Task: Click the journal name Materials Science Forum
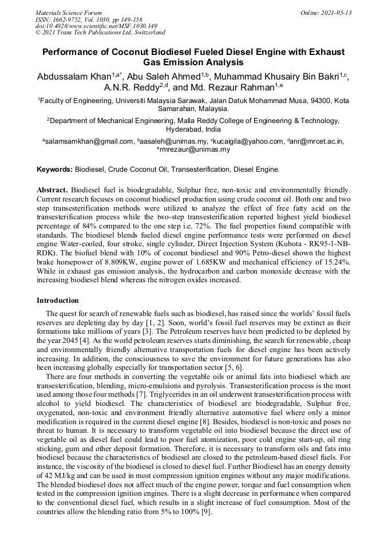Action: tap(69, 13)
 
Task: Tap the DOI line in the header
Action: tap(96, 26)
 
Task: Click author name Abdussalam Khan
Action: tap(74, 77)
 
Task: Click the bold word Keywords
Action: tap(54, 170)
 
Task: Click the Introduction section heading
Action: tap(58, 300)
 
